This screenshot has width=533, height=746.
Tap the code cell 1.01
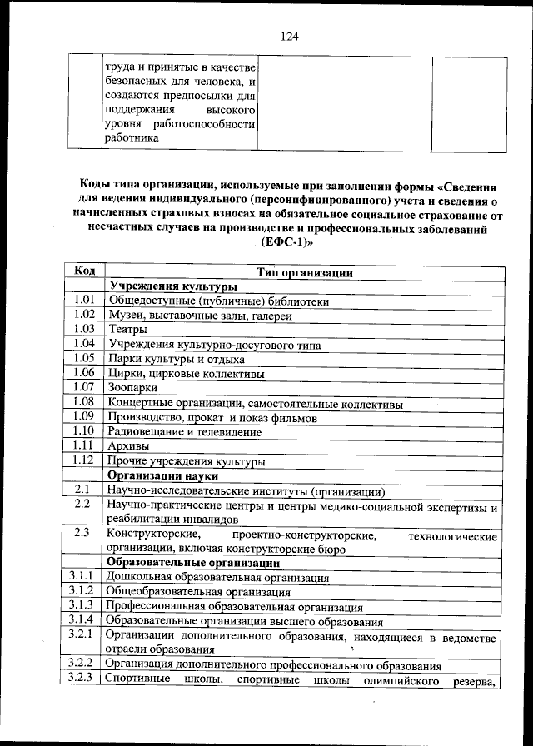(84, 301)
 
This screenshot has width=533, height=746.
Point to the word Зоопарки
(132, 388)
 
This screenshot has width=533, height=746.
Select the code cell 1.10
(84, 431)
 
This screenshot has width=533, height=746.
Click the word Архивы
(128, 446)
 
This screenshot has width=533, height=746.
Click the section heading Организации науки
(163, 475)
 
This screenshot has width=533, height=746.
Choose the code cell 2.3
(83, 533)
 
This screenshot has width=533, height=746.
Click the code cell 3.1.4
(84, 620)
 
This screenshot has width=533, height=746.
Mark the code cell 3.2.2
(84, 665)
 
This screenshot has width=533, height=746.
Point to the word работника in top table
(131, 139)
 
